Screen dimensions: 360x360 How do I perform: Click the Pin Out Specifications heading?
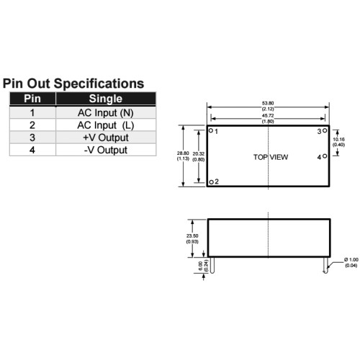[x=73, y=84]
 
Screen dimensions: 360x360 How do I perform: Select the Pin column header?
[x=32, y=99]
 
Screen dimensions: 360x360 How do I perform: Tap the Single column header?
[x=106, y=99]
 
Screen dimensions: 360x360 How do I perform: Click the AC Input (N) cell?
[x=106, y=113]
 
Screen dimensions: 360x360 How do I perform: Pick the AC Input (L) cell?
[x=106, y=125]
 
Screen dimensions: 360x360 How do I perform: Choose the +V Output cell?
[x=106, y=138]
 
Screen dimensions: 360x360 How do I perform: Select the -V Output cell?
[x=106, y=150]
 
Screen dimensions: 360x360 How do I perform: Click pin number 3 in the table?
[x=32, y=138]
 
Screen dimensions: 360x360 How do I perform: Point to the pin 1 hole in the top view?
[x=211, y=130]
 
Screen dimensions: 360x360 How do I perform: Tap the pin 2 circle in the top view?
[x=211, y=182]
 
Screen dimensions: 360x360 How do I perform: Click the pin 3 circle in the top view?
[x=325, y=130]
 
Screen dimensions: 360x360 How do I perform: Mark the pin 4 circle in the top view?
[x=325, y=156]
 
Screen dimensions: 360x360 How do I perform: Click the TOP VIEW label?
[x=271, y=157]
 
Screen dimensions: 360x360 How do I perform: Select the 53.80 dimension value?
[x=268, y=103]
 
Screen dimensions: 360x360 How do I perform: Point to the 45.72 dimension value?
[x=268, y=116]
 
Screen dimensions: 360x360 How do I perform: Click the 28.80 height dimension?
[x=183, y=153]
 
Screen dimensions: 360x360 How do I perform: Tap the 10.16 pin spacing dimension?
[x=338, y=139]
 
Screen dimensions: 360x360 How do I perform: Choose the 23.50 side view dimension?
[x=192, y=236]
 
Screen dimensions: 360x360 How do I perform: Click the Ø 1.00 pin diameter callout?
[x=351, y=260]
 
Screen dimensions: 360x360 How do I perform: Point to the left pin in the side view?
[x=212, y=265]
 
